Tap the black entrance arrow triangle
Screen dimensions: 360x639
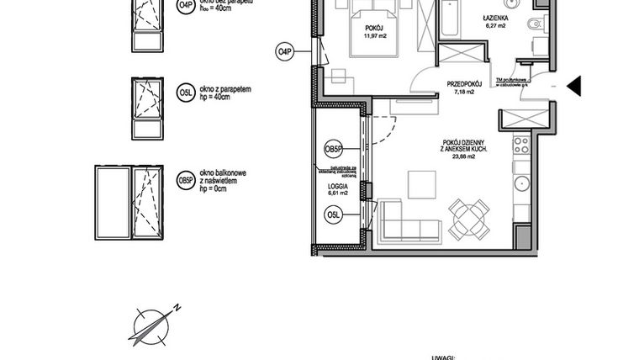coord(574,86)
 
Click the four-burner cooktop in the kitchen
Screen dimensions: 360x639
coord(520,146)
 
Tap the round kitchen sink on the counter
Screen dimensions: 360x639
coord(521,182)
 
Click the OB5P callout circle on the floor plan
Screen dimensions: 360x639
coord(333,150)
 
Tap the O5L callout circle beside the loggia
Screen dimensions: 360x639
coord(333,217)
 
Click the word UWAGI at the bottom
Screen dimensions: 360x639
coord(446,356)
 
